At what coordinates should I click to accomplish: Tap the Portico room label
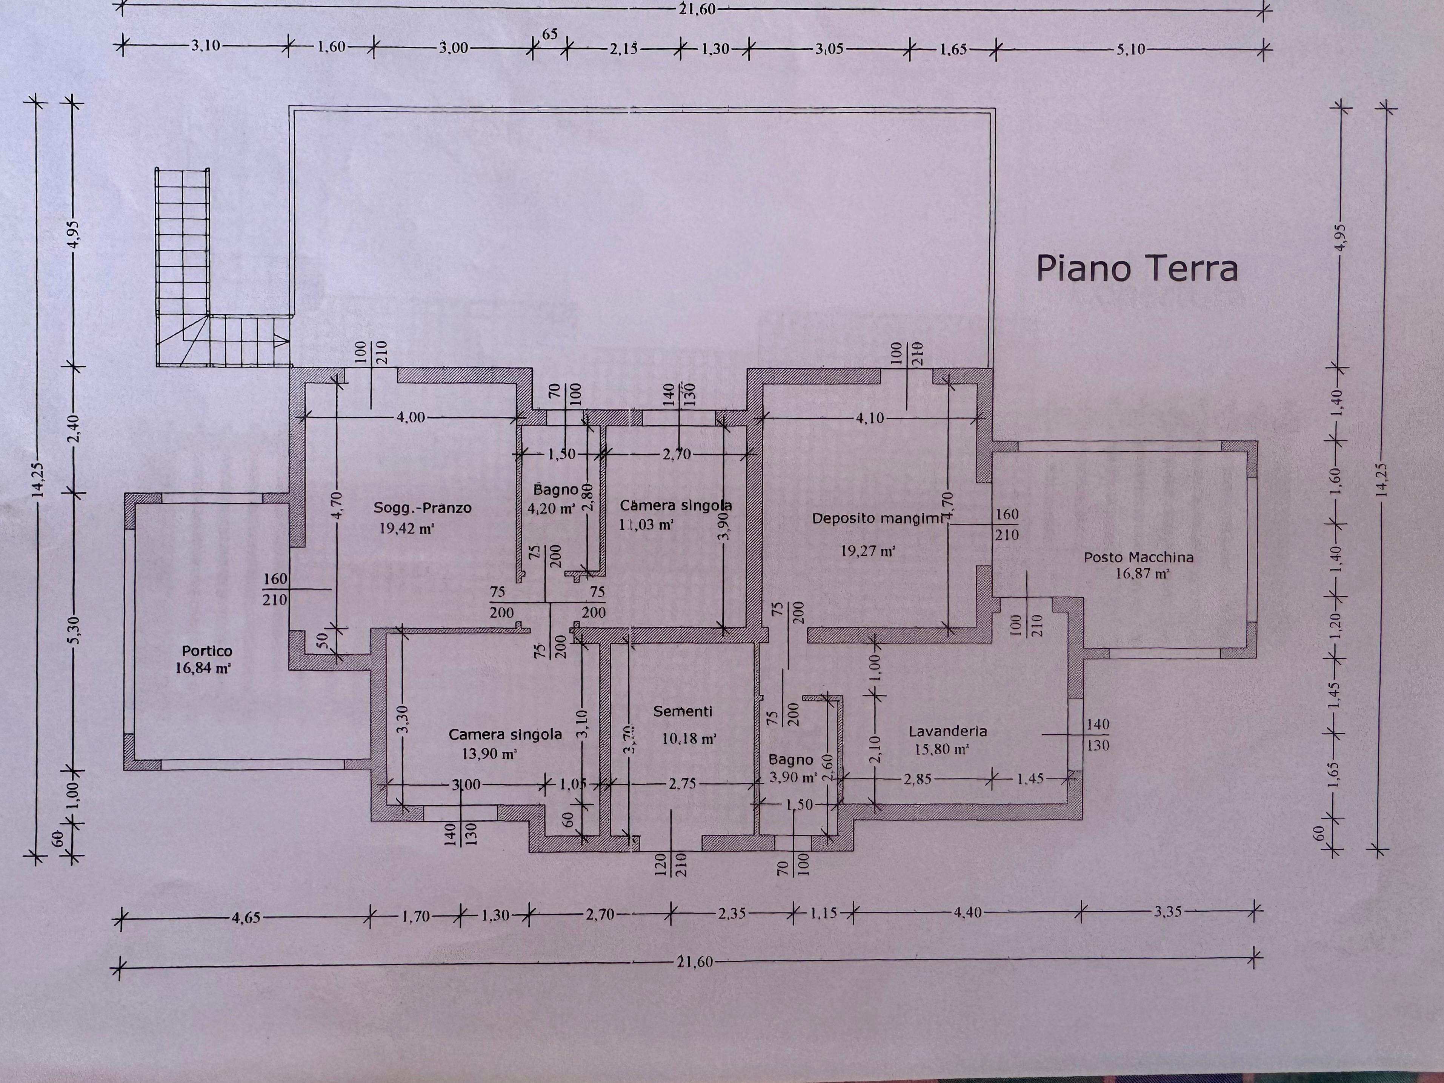coord(206,651)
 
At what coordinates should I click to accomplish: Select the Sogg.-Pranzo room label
coord(422,507)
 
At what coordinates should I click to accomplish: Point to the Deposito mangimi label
coord(877,518)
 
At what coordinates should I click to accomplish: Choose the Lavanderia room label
coord(948,731)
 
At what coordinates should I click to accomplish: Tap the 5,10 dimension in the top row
coord(1131,49)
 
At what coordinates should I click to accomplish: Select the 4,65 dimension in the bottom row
coord(246,917)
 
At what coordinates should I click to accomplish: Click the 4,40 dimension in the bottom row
coord(967,912)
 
